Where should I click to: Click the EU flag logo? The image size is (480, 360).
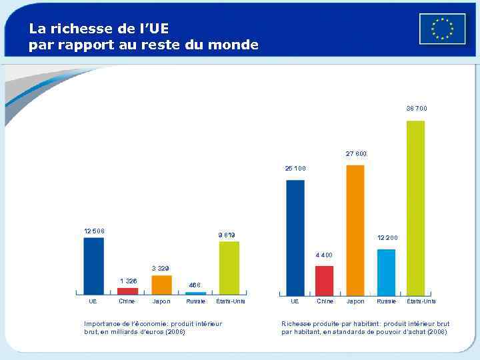coord(442,29)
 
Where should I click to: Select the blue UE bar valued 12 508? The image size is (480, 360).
coord(93,265)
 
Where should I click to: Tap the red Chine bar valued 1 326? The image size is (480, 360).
coord(127,291)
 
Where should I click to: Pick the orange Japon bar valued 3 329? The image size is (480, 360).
coord(161,285)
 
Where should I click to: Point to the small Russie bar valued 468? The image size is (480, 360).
coord(195,293)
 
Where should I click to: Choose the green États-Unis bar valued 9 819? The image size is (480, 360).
coord(229,267)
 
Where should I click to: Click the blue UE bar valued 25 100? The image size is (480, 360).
coord(295,237)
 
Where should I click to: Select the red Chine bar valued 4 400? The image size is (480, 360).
coord(324,280)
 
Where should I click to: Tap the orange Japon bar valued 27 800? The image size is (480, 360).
coord(355,229)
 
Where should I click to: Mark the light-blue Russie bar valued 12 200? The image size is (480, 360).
coord(386,272)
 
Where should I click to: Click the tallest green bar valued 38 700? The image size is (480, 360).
coord(415,207)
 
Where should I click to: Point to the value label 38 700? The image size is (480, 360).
coord(417,109)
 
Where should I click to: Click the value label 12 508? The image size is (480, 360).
coord(94,231)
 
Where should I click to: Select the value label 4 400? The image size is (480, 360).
coord(324,255)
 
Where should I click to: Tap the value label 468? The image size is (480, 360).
coord(195,285)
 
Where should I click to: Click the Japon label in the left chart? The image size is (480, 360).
coord(161,301)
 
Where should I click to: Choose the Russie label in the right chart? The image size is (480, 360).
coord(387,301)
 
